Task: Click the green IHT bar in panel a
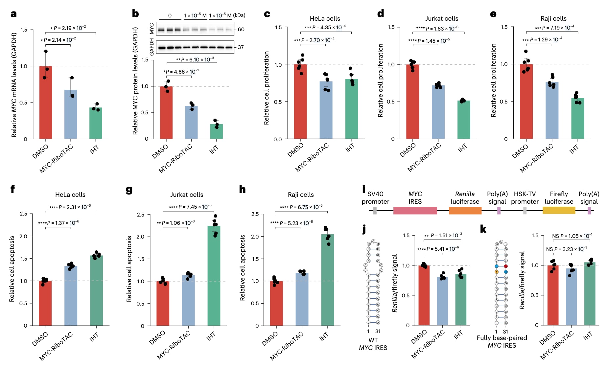point(96,123)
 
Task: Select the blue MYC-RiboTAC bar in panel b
point(191,122)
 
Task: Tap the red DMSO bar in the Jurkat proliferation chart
point(412,102)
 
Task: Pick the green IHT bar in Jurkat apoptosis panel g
point(214,276)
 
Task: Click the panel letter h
point(242,189)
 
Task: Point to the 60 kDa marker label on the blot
point(241,30)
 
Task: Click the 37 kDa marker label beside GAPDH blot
point(241,47)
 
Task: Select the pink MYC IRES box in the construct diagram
point(415,211)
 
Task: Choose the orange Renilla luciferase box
point(465,211)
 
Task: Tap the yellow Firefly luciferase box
point(559,210)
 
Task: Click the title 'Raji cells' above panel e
point(553,19)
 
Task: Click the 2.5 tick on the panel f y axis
point(24,214)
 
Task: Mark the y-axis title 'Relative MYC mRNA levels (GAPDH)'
point(14,85)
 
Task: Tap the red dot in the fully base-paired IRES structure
point(506,266)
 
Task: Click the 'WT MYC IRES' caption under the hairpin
point(373,344)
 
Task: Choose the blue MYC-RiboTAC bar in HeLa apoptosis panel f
point(71,296)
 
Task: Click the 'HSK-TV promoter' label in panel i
point(525,198)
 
